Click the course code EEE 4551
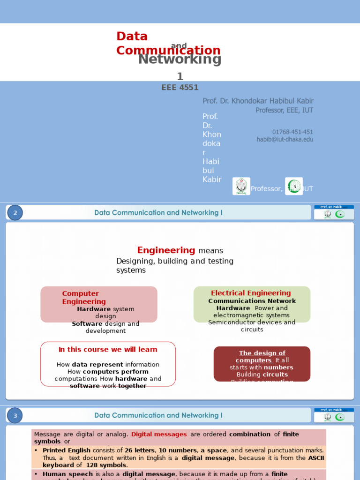pos(180,88)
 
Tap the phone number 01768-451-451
pos(292,132)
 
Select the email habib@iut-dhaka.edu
pos(285,139)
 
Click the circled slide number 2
pos(15,213)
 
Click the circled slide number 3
pos(15,415)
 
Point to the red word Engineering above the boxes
pos(166,250)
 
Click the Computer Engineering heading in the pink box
pos(83,298)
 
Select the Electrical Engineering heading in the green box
pos(251,293)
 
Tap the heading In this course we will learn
pos(108,350)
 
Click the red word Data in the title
pos(132,37)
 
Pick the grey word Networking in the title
pos(180,60)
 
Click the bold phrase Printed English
pos(67,450)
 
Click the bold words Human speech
pos(67,474)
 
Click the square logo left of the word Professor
pos(241,186)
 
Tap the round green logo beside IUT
pos(294,186)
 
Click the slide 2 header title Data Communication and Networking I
pos(158,213)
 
